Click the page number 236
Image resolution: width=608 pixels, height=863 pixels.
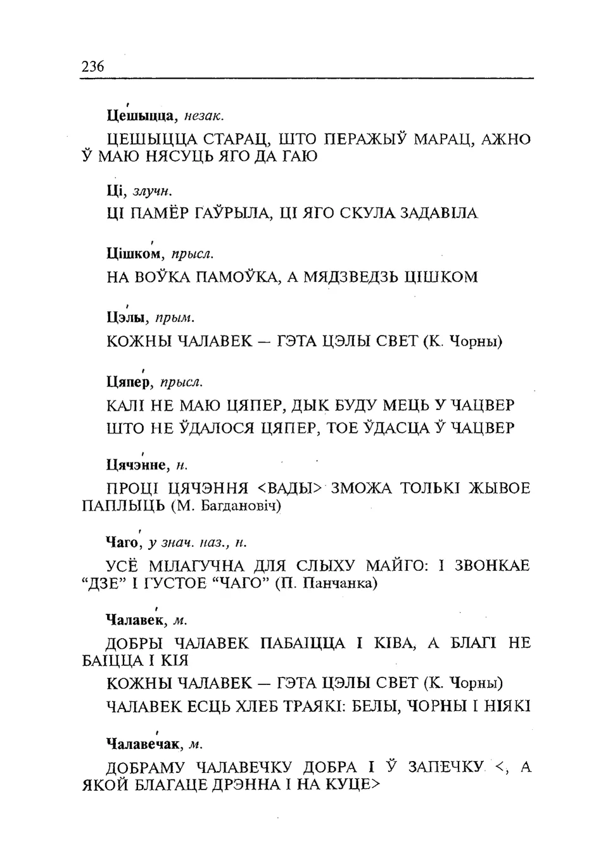(92, 66)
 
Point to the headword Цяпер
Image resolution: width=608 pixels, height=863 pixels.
(129, 382)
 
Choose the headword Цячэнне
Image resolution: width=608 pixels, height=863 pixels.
(137, 466)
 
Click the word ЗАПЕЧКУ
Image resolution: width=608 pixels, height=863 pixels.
(446, 767)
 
